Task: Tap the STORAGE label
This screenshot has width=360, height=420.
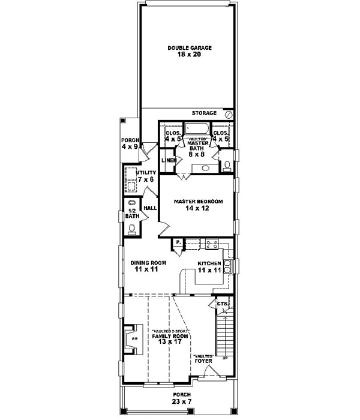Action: (x=205, y=113)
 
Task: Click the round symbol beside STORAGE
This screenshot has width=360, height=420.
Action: (x=228, y=113)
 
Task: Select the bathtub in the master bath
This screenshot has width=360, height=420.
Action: (x=196, y=129)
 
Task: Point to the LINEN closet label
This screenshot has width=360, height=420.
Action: (x=169, y=160)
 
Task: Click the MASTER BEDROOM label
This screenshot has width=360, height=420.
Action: (x=198, y=202)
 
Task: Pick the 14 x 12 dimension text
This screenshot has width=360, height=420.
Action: (x=198, y=209)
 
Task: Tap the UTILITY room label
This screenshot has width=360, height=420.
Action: (x=145, y=173)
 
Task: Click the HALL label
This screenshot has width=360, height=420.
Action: (x=150, y=208)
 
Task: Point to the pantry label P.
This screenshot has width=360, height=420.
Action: (x=178, y=242)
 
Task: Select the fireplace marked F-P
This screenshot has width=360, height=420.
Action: (x=133, y=339)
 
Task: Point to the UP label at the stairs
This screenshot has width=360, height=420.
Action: (x=226, y=358)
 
